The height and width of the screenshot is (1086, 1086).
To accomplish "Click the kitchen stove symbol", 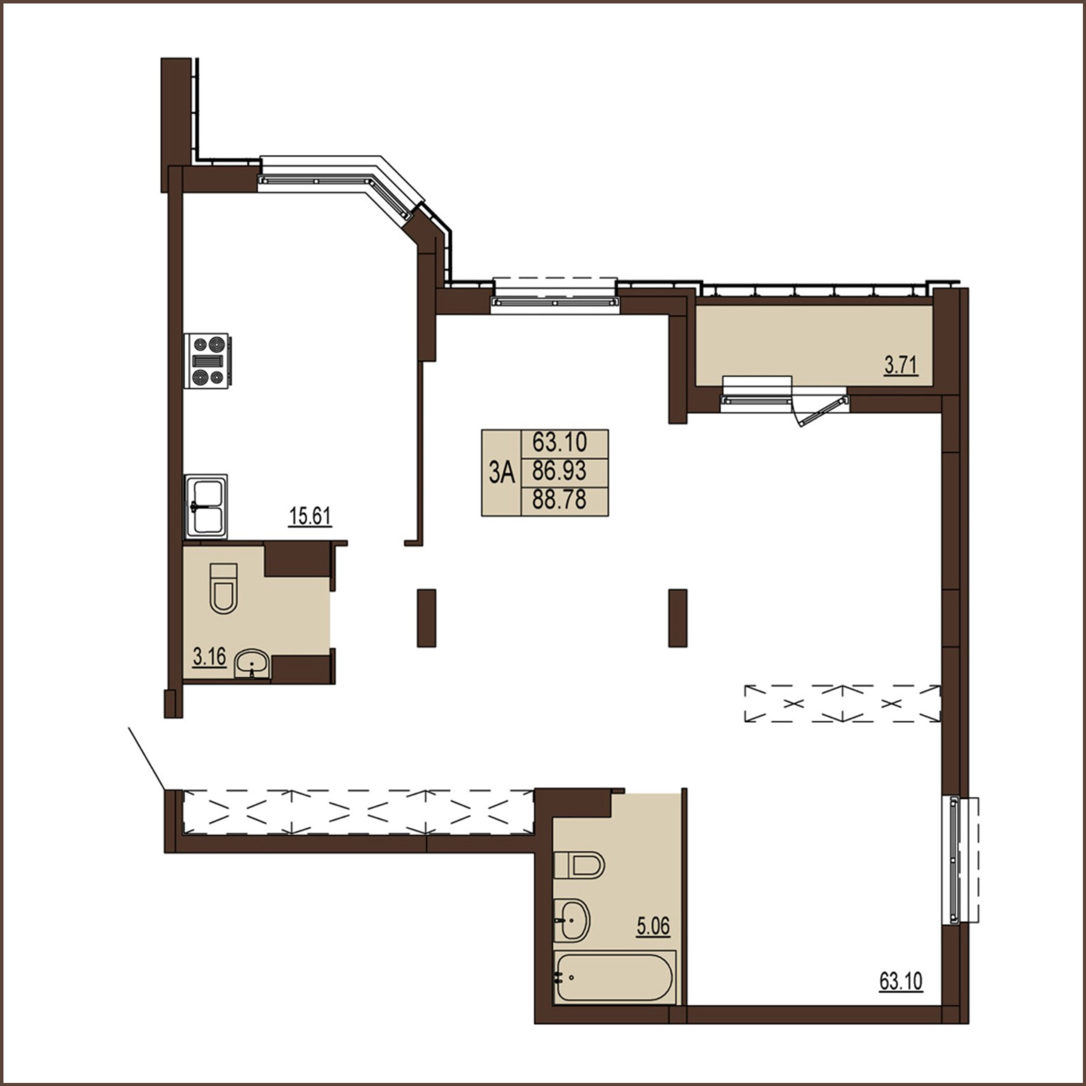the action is pyautogui.click(x=206, y=361).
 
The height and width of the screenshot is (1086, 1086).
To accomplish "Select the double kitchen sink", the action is pyautogui.click(x=206, y=507).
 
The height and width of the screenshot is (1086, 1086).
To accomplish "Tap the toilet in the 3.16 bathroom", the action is pyautogui.click(x=223, y=588).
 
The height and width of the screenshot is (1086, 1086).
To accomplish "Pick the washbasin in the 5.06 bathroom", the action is pyautogui.click(x=571, y=920).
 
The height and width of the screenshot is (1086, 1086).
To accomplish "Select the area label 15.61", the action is pyautogui.click(x=310, y=516).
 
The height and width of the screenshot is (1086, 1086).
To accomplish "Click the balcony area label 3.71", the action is pyautogui.click(x=901, y=366).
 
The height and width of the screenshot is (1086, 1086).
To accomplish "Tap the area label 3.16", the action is pyautogui.click(x=209, y=656).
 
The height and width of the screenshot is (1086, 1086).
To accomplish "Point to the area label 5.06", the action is pyautogui.click(x=653, y=926).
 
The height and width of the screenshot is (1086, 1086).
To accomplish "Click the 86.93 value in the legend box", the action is pyautogui.click(x=559, y=471).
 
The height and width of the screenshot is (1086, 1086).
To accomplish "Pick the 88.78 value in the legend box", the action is pyautogui.click(x=559, y=500).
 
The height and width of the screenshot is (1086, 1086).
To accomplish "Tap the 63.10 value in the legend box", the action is pyautogui.click(x=559, y=442).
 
